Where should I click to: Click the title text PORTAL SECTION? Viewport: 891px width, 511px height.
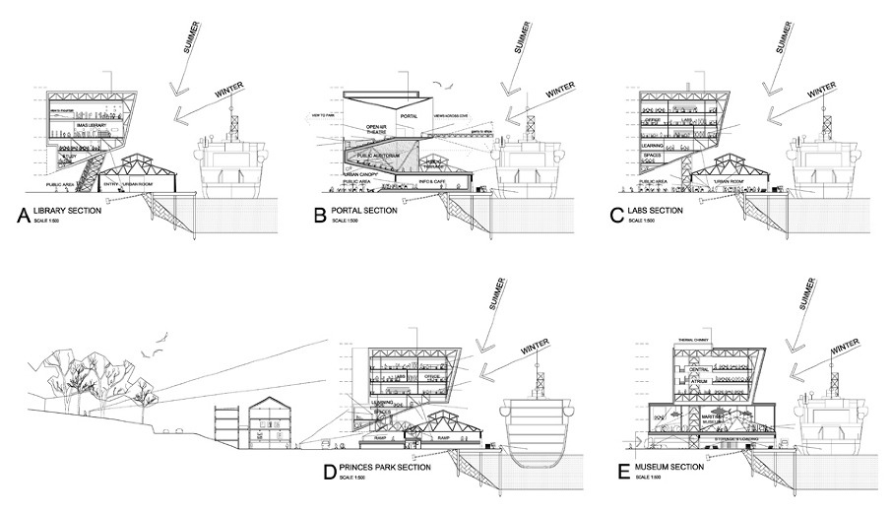click(365, 211)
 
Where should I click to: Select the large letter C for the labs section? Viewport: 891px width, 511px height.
click(618, 216)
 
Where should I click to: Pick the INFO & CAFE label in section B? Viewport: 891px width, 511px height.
click(434, 182)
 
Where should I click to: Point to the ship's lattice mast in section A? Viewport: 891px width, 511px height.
click(235, 126)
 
